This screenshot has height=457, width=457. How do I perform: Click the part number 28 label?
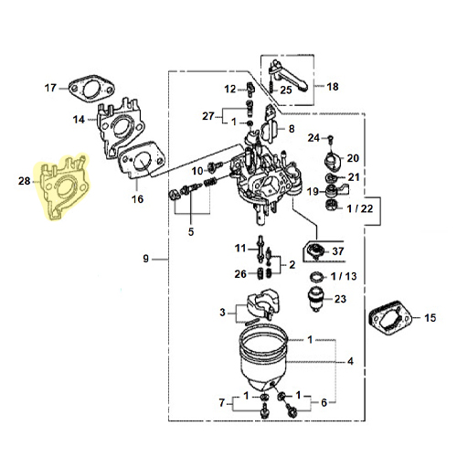point(25,181)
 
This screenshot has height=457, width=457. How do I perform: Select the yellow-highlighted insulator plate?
point(63,187)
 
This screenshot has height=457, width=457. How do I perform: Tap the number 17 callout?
point(50,88)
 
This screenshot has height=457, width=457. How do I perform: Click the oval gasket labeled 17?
point(92,89)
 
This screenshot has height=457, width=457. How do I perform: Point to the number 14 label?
point(79,120)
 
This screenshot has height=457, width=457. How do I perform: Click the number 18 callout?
point(333,87)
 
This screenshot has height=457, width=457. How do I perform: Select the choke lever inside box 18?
point(288,76)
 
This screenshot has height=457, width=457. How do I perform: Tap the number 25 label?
point(286,90)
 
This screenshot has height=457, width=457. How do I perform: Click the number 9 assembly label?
point(146,259)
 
